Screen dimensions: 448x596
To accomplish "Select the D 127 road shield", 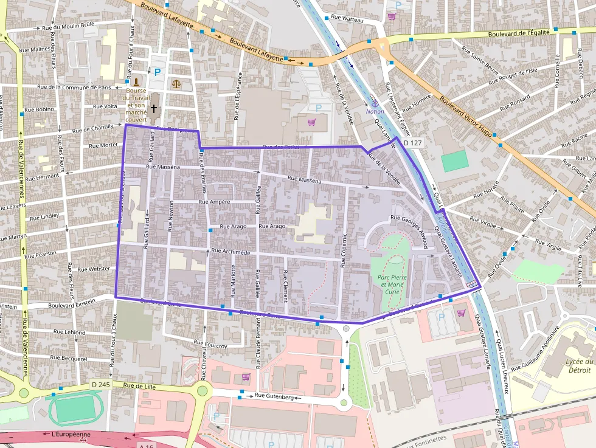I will (x=412, y=143).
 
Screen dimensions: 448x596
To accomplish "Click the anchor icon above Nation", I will (x=375, y=103).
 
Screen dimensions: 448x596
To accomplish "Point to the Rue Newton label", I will (x=172, y=214).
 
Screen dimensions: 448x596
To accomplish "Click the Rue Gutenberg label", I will (x=274, y=396).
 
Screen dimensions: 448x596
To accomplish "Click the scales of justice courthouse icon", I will (x=176, y=83).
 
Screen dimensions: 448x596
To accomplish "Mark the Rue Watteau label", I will (x=347, y=19).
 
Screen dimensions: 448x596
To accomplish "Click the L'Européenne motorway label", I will (x=71, y=435).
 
